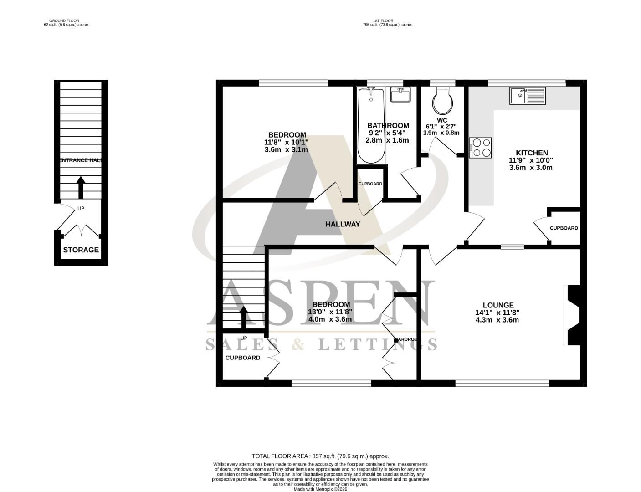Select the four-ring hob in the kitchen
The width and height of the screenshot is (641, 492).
tap(481, 148)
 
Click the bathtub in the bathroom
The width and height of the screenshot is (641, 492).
tap(371, 126)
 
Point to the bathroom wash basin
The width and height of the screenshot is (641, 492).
tap(400, 95)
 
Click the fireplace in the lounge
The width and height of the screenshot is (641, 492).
tap(572, 315)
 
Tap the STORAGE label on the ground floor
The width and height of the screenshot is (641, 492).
tap(81, 250)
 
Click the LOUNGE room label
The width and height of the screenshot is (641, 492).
tap(498, 305)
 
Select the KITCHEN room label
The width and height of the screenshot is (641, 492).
tap(531, 153)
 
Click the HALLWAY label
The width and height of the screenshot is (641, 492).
tap(343, 224)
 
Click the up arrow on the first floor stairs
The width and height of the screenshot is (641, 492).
tap(243, 318)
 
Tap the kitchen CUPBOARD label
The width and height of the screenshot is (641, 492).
tap(564, 228)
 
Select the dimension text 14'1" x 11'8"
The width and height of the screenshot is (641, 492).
tap(497, 313)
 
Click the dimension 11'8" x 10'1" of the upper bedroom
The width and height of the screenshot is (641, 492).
tap(286, 142)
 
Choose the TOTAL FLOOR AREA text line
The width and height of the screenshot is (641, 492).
tap(320, 456)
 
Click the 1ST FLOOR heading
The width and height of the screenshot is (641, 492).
tap(383, 21)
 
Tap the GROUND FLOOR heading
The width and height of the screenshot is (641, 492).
tap(64, 21)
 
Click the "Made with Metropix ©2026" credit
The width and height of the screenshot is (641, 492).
tap(320, 489)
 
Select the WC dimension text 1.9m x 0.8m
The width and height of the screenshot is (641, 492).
tap(441, 133)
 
